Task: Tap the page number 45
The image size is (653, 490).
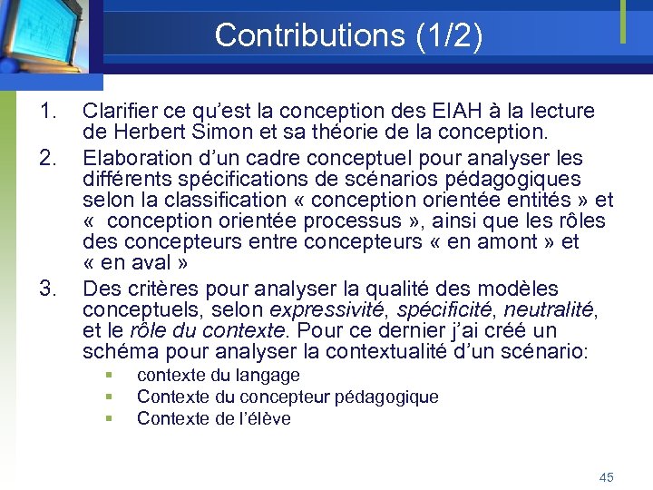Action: [x=607, y=477]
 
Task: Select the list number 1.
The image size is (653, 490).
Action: [x=48, y=112]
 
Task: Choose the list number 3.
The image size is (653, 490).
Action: [x=48, y=289]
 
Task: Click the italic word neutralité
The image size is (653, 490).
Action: [x=546, y=310]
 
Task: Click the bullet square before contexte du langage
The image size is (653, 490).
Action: [x=108, y=376]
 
